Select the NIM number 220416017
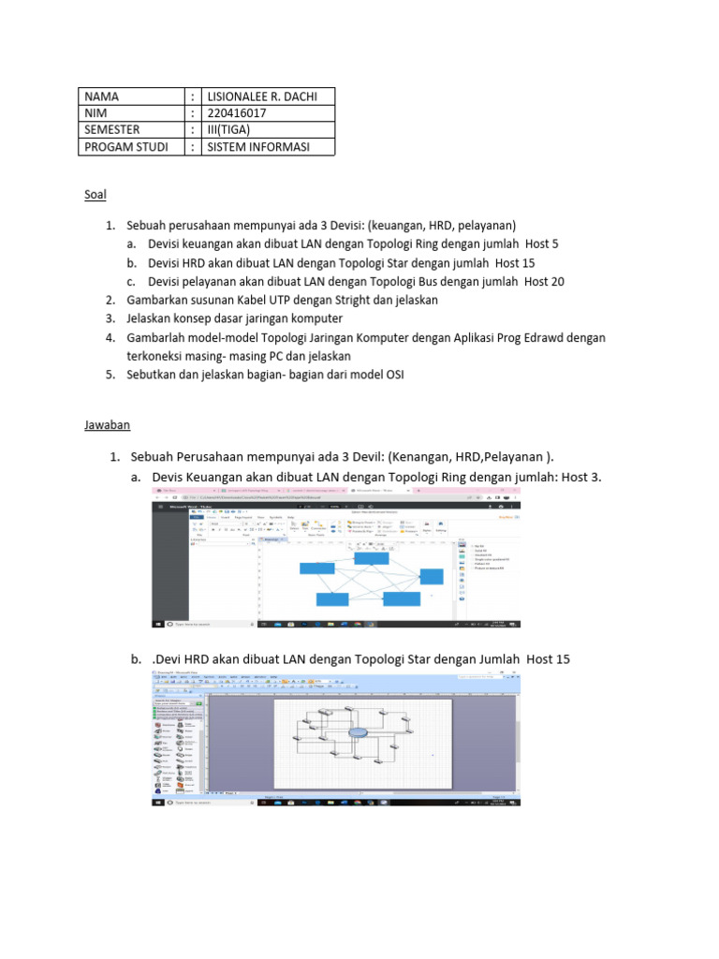coord(237,113)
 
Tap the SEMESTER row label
coord(116,130)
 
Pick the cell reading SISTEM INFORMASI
coord(257,147)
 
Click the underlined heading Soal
coord(95,195)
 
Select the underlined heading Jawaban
coord(107,424)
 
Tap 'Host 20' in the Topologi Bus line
coord(544,281)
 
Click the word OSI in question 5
coord(391,375)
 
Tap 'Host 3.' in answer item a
coord(581,478)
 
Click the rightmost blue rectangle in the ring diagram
coord(432,576)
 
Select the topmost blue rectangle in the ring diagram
coord(371,558)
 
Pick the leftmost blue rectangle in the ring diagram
coord(317,568)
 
